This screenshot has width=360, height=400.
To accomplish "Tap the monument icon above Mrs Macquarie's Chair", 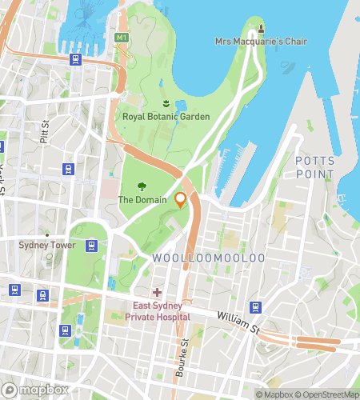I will click(261, 29).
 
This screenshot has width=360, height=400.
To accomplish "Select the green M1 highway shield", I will click(121, 38).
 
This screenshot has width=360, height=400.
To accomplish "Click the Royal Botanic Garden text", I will click(166, 117).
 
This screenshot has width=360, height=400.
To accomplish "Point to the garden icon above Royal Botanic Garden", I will click(166, 104).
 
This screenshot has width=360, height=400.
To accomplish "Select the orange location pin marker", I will click(181, 200).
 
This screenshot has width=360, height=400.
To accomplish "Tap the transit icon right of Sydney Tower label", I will click(92, 246).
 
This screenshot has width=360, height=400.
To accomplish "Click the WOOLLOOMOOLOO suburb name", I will click(207, 258).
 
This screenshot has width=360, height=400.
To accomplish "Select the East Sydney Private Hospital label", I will click(158, 311).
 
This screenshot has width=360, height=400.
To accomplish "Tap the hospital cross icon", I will click(158, 293).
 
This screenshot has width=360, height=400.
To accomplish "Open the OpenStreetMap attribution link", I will click(328, 394).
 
